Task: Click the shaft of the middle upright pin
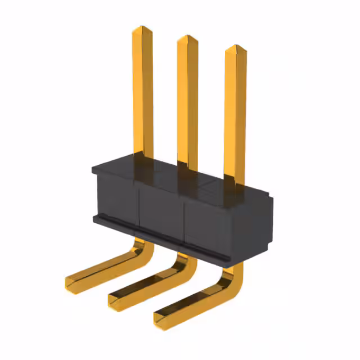click(187, 101)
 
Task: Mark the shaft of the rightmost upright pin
click(235, 112)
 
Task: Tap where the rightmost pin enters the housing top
click(234, 186)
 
